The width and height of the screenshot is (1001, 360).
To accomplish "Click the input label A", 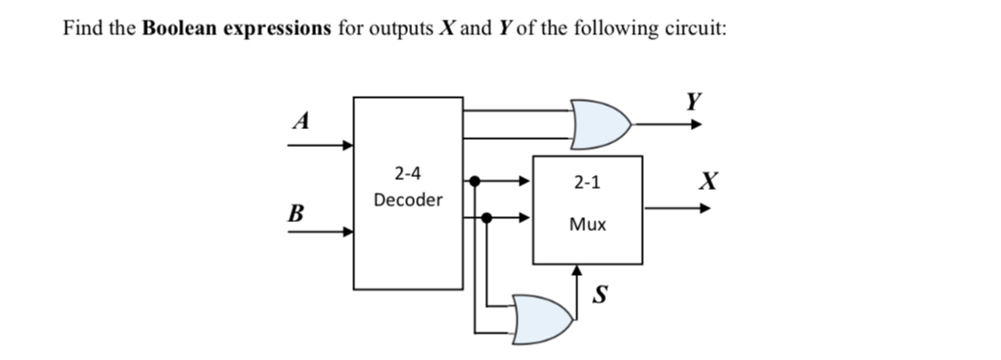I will (x=301, y=122).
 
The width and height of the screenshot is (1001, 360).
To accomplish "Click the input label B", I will (x=294, y=210).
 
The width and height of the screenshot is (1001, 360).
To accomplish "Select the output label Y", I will (x=693, y=101).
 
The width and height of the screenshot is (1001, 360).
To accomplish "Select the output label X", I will (x=707, y=181).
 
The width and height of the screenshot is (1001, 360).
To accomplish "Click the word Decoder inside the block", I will (x=407, y=201).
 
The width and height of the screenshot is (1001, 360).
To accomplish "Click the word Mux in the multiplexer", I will (x=587, y=224).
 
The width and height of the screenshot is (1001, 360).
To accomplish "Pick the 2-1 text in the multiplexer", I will (x=587, y=182).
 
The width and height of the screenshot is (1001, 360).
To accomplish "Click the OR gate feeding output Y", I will (x=600, y=124).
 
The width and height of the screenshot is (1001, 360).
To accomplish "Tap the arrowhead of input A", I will (x=347, y=146).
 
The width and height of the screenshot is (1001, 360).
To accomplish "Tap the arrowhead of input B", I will (x=347, y=232).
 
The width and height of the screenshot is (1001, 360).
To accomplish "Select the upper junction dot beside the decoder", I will (x=475, y=181).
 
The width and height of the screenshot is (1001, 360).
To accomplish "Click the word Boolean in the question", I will (x=182, y=27).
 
